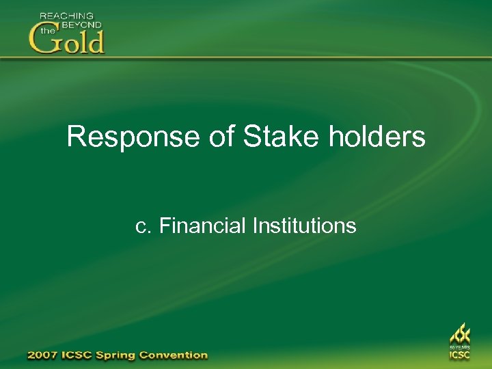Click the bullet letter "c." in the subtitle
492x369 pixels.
click(x=143, y=226)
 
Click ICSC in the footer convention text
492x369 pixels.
click(x=81, y=355)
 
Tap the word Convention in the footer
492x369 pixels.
click(x=175, y=355)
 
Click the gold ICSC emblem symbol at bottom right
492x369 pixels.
click(x=459, y=334)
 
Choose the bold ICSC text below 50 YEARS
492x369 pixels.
click(x=459, y=355)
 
